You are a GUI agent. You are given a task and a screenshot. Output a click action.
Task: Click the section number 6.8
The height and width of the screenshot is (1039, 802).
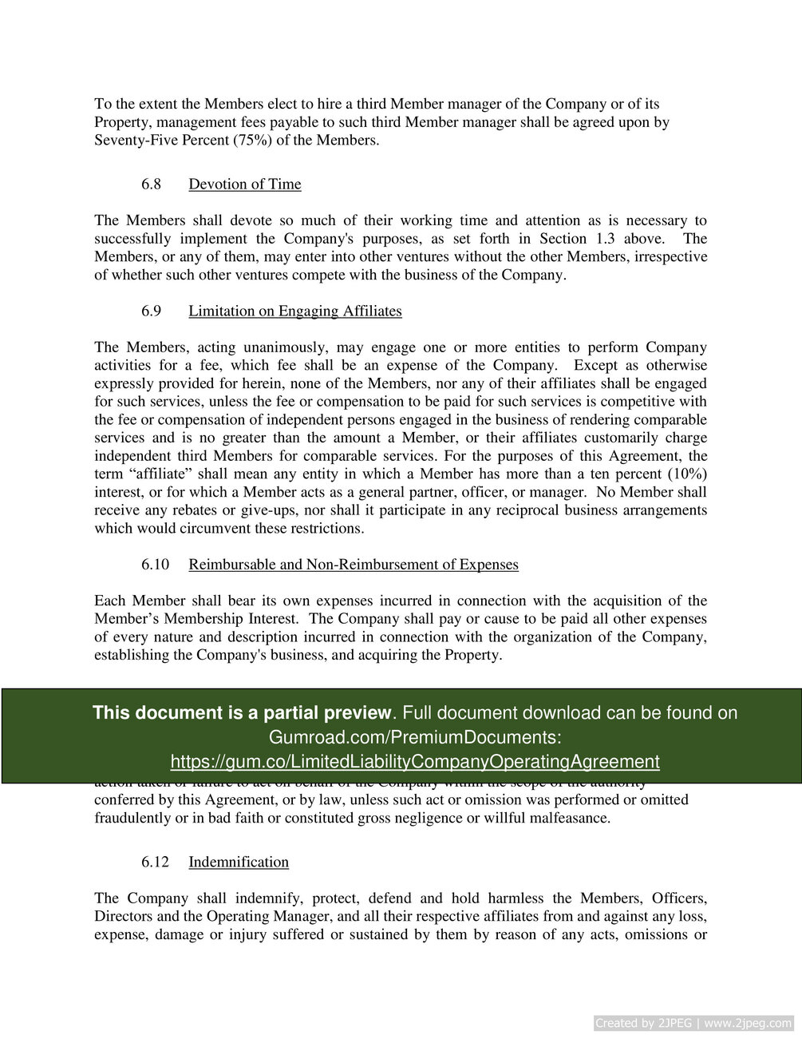coord(151,184)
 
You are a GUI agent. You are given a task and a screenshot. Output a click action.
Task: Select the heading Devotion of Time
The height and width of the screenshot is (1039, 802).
coord(245,184)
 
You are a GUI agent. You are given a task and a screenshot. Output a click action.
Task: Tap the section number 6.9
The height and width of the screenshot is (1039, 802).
coord(151,311)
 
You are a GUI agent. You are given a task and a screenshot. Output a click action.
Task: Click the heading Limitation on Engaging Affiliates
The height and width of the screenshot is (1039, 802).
coord(295,311)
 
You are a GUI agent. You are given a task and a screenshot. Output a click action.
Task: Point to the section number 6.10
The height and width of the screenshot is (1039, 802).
coord(156,565)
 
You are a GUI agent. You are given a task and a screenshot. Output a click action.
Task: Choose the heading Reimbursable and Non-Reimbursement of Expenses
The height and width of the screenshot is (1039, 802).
coord(354,565)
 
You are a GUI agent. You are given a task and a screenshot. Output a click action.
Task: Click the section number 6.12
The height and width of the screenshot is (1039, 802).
coord(156,862)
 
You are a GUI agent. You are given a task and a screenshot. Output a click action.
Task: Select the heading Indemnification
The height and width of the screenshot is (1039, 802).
coord(239,862)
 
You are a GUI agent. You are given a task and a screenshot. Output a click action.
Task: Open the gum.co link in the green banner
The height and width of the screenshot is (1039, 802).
coord(415,762)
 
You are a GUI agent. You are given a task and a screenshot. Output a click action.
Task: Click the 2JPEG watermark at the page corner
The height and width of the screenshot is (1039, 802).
coord(693,1023)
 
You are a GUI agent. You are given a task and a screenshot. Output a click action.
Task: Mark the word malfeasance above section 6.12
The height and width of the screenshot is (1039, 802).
coord(571,818)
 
